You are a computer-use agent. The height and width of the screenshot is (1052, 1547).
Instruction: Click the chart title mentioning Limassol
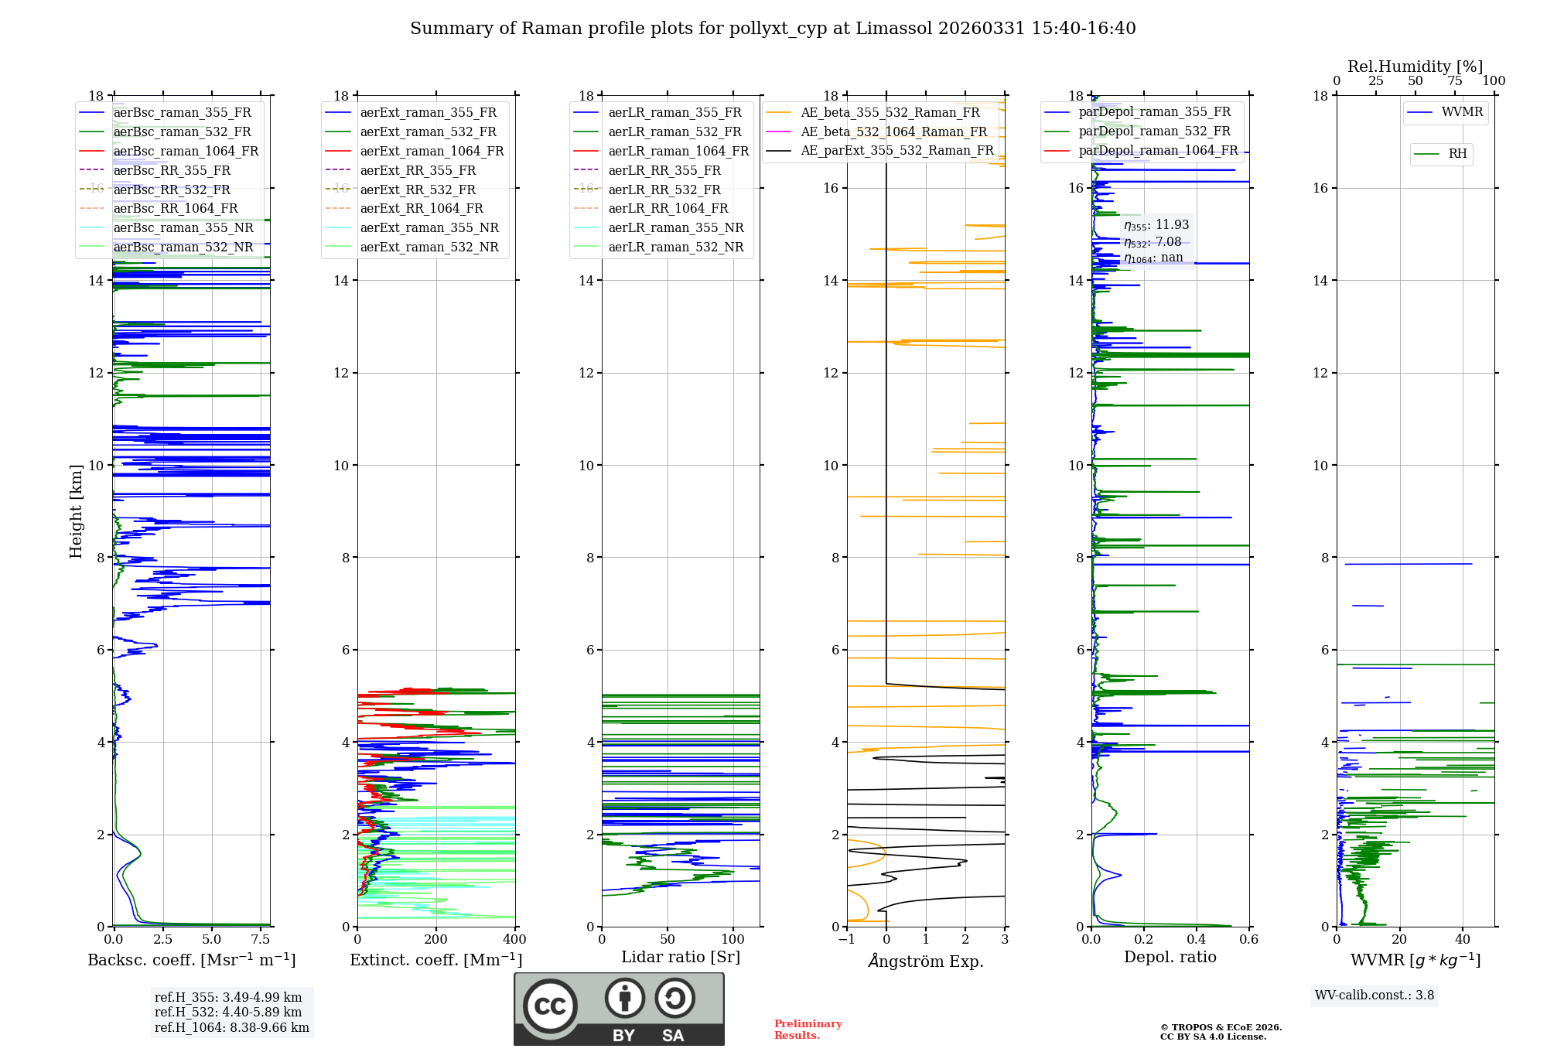[x=773, y=29]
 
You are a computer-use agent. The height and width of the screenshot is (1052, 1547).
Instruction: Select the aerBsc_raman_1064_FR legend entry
[x=186, y=152]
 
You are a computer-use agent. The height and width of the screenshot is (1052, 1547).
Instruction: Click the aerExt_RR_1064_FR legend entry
[x=422, y=209]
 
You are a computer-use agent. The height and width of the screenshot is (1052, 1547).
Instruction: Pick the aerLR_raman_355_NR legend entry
[x=675, y=228]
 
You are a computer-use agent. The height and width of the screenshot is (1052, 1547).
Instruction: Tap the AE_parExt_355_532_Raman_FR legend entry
[x=896, y=151]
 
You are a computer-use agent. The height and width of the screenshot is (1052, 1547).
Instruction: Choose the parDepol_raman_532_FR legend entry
[x=1154, y=131]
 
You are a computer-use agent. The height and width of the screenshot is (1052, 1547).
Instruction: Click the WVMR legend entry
[x=1462, y=112]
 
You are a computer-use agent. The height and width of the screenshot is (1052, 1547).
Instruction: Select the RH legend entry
[x=1457, y=154]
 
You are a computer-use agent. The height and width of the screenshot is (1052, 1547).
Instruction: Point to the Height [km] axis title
[x=76, y=511]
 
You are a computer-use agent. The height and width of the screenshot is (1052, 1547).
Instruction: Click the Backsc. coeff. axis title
[x=192, y=960]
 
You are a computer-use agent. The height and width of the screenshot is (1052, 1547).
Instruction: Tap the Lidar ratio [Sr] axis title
[x=681, y=958]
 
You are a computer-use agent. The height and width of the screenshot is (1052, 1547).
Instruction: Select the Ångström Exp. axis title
[x=926, y=961]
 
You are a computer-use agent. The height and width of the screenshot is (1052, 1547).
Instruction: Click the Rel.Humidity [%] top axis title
[x=1415, y=67]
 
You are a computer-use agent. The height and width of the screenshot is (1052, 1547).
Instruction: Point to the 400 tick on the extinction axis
[x=514, y=940]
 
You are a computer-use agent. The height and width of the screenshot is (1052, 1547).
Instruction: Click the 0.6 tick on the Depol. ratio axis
[x=1248, y=940]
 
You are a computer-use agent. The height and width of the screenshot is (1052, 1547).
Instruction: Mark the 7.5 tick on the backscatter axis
[x=261, y=940]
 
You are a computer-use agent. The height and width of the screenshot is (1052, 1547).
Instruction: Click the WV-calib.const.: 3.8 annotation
[x=1375, y=996]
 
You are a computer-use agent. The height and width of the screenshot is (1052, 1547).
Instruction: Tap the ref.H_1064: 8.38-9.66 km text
[x=232, y=1028]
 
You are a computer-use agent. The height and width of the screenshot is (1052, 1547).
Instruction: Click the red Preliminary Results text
[x=808, y=1030]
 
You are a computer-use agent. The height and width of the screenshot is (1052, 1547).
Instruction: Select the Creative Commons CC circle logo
[x=550, y=1006]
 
